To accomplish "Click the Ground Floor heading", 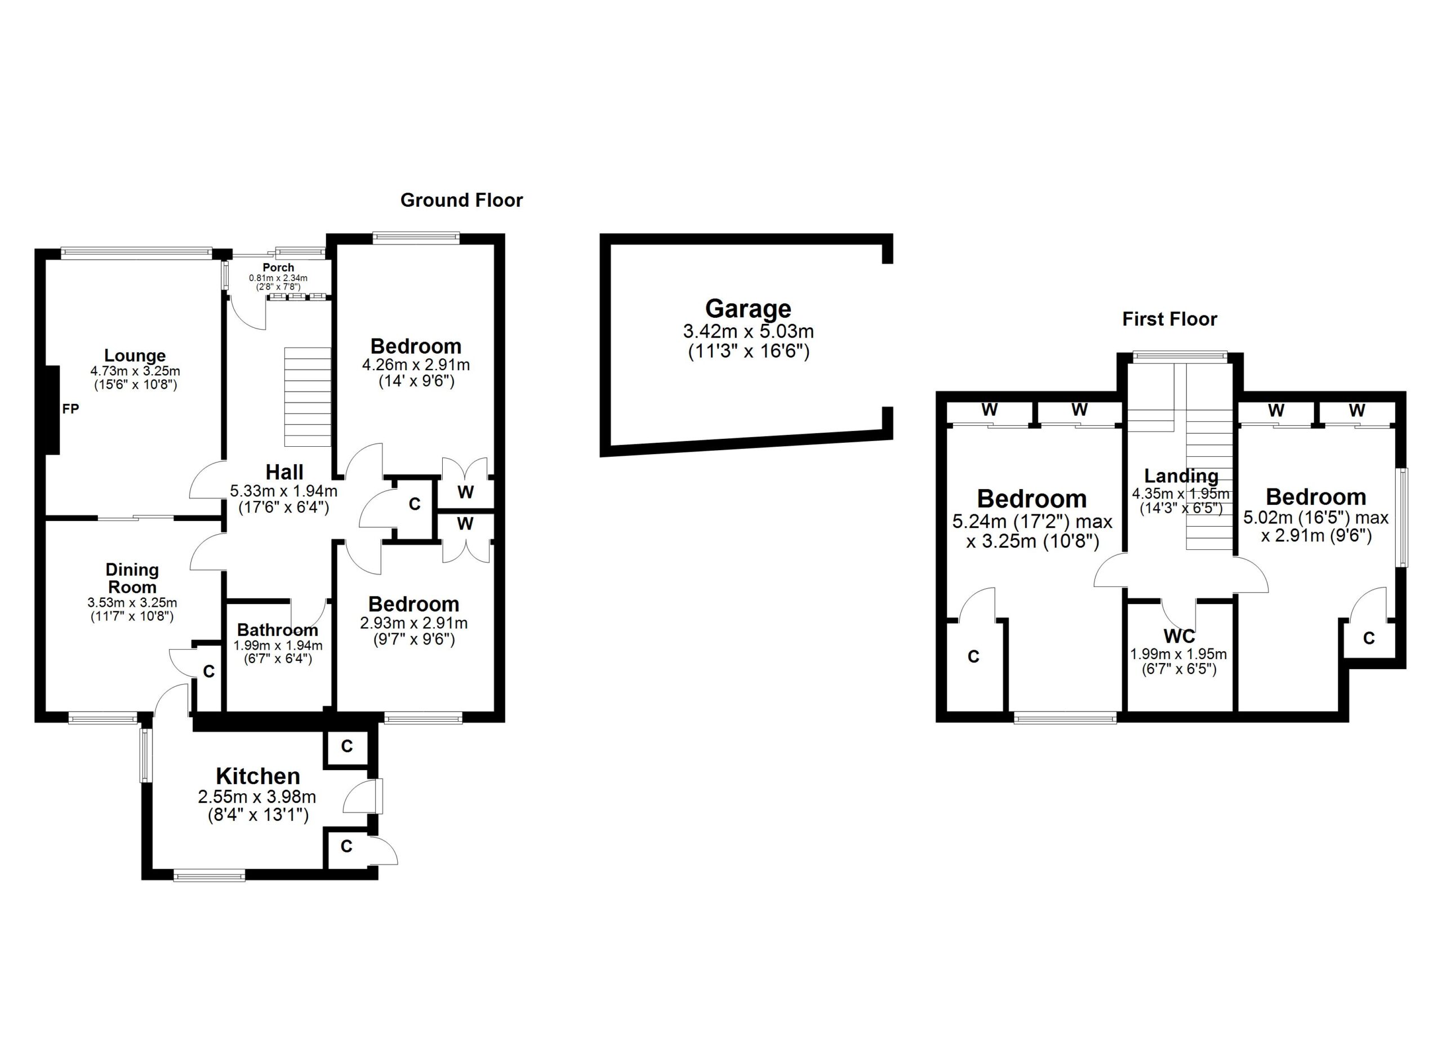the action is coord(461,200).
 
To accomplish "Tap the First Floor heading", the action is coord(1169,319).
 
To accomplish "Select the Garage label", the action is coord(749,308).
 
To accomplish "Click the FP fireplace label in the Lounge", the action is coord(70,409).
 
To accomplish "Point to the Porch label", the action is coord(278,268).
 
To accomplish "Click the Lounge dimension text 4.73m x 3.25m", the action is coord(135,371).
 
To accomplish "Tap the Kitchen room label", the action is coord(258,776).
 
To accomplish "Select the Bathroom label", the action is coord(278,630).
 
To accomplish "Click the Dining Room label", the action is coord(132,579).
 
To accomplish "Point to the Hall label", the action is coord(284,472).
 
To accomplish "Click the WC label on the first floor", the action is coord(1179,637).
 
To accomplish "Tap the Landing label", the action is coord(1181,475).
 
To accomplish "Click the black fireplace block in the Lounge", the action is coord(52,410).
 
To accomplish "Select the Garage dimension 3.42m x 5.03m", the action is coord(749,331).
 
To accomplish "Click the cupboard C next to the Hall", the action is coord(415,504).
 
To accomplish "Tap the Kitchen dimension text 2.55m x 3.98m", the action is coord(257,797).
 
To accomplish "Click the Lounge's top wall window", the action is coord(137,253).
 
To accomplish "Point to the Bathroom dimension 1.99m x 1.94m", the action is coord(278,645).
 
